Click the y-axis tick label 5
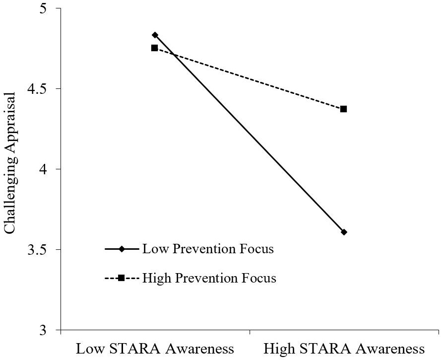click(x=48, y=9)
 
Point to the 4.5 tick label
click(x=43, y=89)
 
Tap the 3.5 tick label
click(x=43, y=250)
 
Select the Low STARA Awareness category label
click(x=154, y=348)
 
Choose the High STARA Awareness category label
click(x=345, y=348)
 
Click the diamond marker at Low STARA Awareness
click(x=155, y=35)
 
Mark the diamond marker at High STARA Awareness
click(x=344, y=232)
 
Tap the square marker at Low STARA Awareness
click(x=154, y=48)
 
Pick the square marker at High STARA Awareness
click(x=343, y=109)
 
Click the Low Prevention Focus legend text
click(x=208, y=249)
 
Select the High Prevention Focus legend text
click(x=209, y=278)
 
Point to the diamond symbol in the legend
click(x=121, y=249)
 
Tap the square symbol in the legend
click(x=121, y=278)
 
